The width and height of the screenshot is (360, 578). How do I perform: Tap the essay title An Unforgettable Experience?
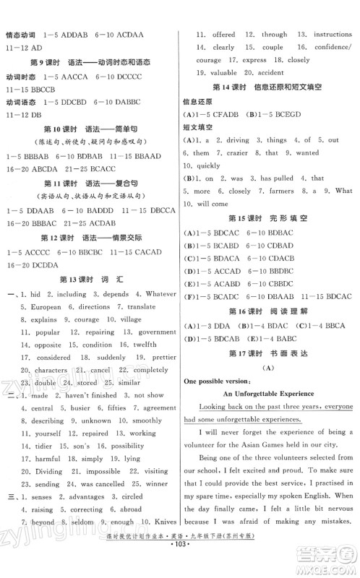tap(269, 393)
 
